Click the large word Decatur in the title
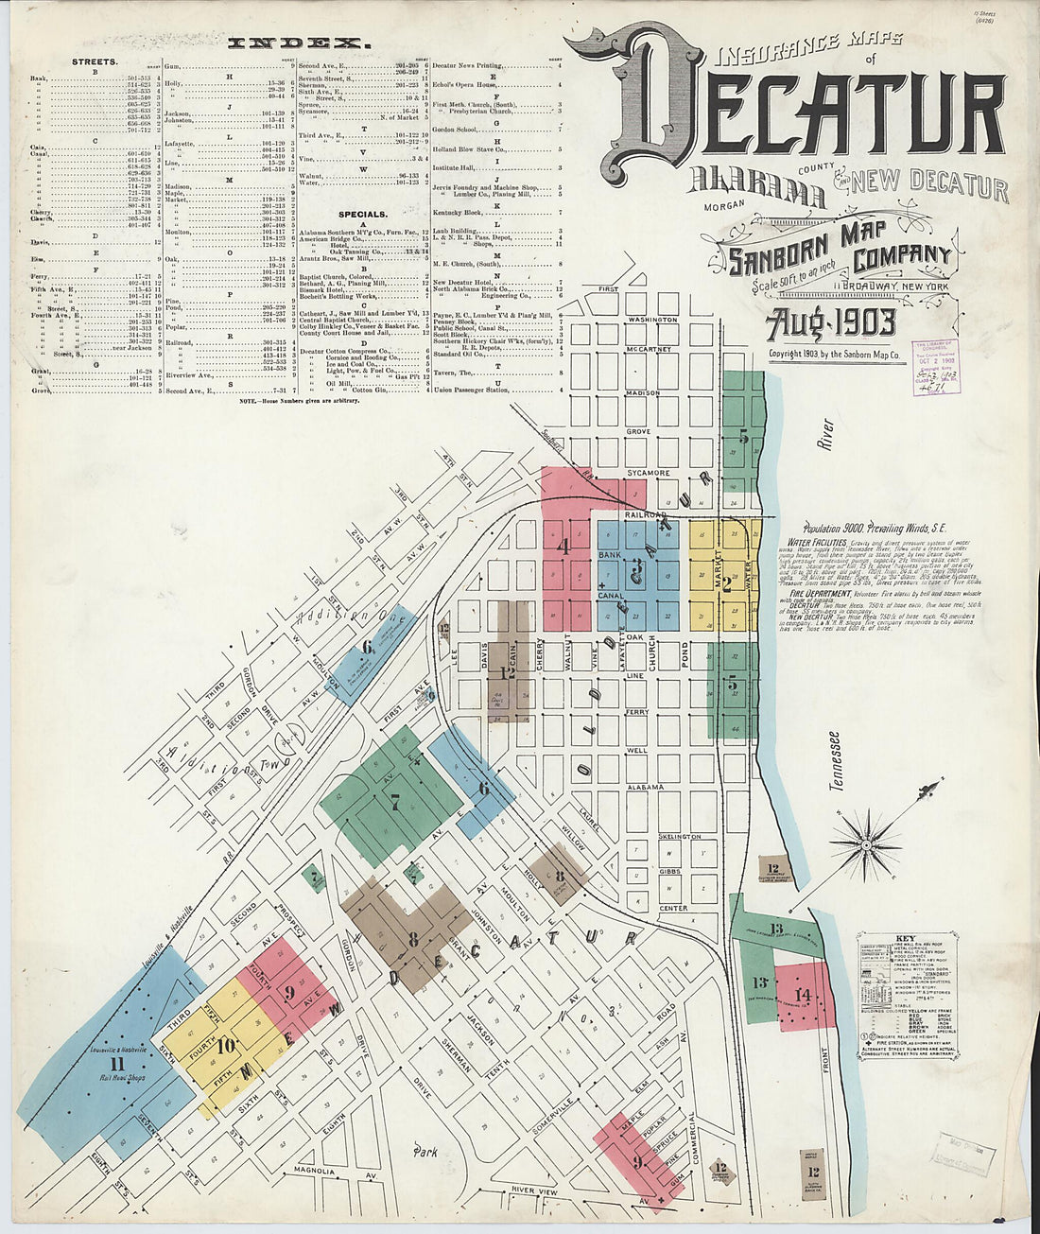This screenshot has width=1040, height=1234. [813, 104]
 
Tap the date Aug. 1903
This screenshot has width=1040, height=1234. [831, 323]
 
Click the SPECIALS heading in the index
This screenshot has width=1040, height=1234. [359, 215]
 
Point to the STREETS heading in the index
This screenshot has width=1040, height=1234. [95, 61]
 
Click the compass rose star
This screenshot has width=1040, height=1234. [864, 841]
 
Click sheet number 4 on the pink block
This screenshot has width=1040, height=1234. [564, 546]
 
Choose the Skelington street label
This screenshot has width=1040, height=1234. [680, 837]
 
